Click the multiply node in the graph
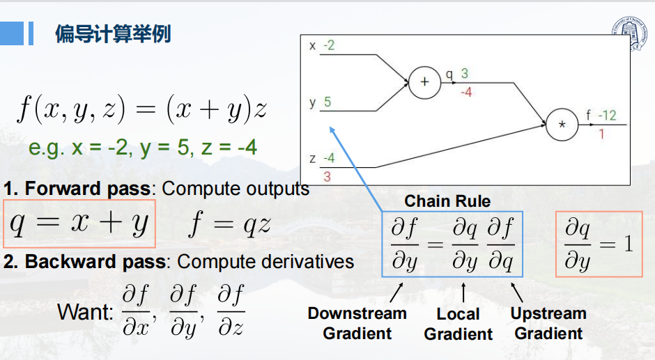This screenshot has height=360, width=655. tap(562, 125)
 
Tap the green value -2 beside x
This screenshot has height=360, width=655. tap(329, 46)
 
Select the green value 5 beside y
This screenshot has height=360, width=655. tap(327, 102)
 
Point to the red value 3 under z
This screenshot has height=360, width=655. tap(327, 177)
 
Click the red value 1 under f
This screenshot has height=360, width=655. tap(601, 134)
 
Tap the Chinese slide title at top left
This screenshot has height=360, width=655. tap(113, 33)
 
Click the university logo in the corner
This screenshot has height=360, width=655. tap(629, 33)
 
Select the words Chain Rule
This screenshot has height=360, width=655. tap(447, 201)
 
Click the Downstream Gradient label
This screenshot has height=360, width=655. tap(357, 323)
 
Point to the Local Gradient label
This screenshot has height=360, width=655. tap(458, 324)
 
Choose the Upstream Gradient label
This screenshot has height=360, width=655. tap(548, 323)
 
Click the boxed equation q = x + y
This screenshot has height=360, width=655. tap(79, 224)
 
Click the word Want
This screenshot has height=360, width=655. tap(84, 311)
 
